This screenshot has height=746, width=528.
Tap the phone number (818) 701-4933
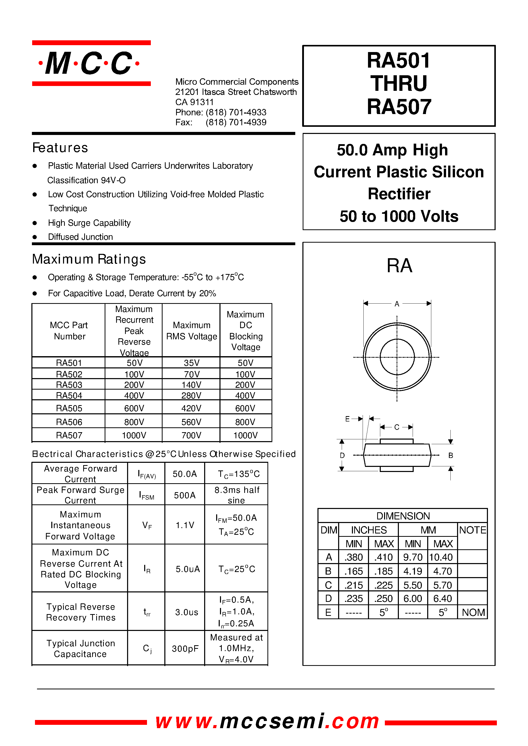click(x=236, y=112)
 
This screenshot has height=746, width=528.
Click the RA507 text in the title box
click(x=399, y=107)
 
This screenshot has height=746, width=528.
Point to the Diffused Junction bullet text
click(x=80, y=237)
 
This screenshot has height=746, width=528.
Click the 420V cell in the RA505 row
click(x=191, y=408)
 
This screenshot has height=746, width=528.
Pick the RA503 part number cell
click(x=69, y=385)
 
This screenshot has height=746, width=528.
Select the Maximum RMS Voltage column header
click(x=191, y=331)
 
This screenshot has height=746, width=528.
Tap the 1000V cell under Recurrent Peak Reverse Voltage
click(x=134, y=435)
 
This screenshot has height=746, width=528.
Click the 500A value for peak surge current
click(x=185, y=495)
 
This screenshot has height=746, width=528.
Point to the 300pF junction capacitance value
click(x=185, y=649)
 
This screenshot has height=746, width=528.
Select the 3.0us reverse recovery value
click(x=186, y=612)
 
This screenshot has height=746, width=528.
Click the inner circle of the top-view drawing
click(x=397, y=357)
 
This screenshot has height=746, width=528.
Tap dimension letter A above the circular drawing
click(x=397, y=304)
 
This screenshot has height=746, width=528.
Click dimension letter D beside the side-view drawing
click(x=342, y=455)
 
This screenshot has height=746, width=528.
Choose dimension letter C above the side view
click(x=396, y=427)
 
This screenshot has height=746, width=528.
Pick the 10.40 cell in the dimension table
click(x=441, y=557)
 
